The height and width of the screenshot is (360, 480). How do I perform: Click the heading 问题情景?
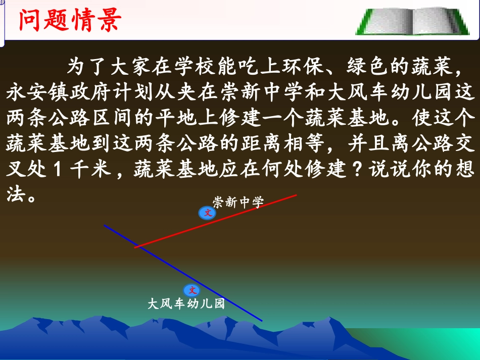tap(69, 21)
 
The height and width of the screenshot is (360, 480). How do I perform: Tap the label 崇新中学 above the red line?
tap(238, 203)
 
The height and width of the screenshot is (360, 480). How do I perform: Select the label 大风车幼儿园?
tap(185, 304)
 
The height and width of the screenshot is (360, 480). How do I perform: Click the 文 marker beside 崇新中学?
tap(207, 213)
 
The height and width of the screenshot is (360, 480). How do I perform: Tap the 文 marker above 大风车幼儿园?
tap(192, 290)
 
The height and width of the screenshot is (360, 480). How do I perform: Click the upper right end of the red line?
tap(296, 194)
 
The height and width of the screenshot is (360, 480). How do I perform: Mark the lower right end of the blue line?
tap(262, 321)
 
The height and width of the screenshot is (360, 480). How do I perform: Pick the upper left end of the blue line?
tap(105, 225)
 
